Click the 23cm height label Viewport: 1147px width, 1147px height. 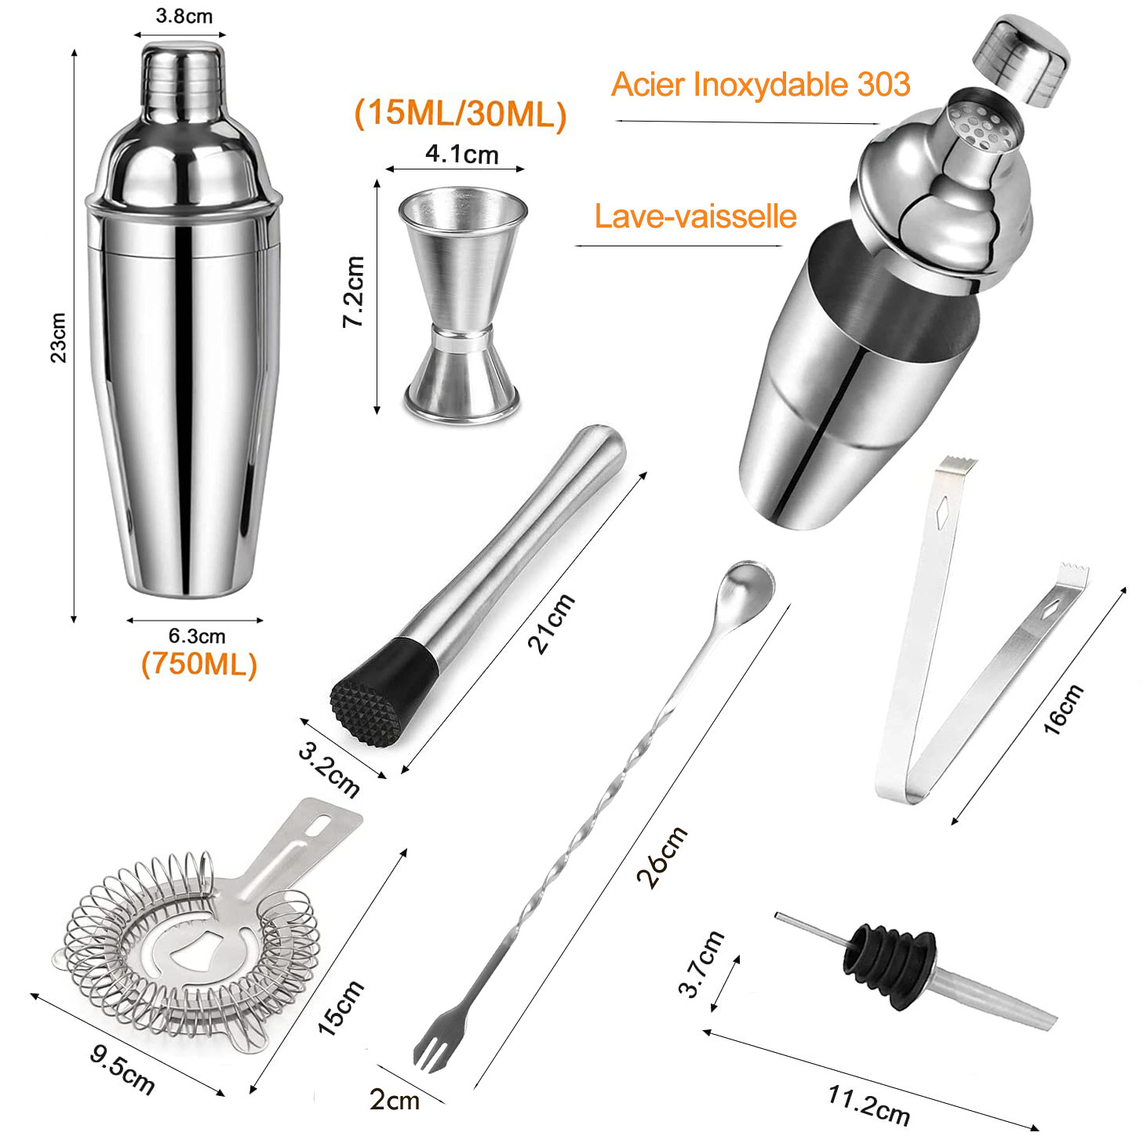(x=58, y=337)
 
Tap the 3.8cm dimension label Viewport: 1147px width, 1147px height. (x=184, y=16)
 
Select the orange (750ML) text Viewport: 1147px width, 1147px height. (x=198, y=664)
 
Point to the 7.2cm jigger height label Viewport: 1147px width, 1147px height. (x=354, y=291)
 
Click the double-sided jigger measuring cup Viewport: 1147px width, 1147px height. (x=463, y=304)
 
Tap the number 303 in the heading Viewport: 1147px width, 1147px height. (x=883, y=84)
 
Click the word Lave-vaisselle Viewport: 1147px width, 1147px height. (x=695, y=216)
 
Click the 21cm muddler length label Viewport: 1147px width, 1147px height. (x=552, y=623)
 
